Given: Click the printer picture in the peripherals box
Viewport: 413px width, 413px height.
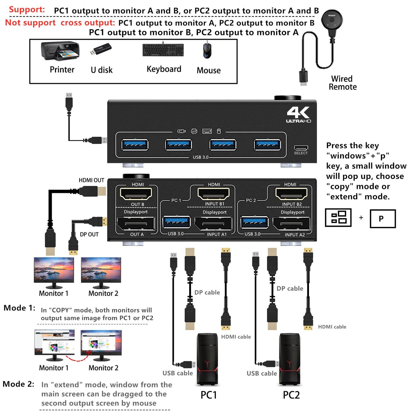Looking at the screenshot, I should [x=60, y=51].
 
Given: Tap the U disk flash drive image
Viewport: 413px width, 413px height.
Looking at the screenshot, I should [x=101, y=49].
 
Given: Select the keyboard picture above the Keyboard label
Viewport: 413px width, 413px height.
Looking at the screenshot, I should [x=163, y=50].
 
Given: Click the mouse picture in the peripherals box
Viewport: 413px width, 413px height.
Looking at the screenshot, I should [x=207, y=50].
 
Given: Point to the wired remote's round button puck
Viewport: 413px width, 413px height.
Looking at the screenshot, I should [x=332, y=21].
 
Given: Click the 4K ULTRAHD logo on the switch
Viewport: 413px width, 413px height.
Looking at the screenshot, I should [x=298, y=115].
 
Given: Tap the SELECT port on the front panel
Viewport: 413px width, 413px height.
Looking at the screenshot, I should [x=301, y=148].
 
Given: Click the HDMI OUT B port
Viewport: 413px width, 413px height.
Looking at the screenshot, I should [x=136, y=194].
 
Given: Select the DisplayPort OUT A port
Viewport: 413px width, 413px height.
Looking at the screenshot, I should [x=136, y=224].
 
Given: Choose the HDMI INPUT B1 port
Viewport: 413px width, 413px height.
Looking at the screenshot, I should [x=214, y=194].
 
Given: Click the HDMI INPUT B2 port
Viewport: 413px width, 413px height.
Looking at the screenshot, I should [x=291, y=194].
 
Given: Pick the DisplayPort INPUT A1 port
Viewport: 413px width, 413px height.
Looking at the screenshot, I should [x=213, y=224].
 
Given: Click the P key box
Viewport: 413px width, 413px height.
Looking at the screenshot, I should [x=382, y=219].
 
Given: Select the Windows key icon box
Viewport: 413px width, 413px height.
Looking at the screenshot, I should [x=338, y=218].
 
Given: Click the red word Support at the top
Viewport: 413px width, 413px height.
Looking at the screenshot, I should [x=27, y=9].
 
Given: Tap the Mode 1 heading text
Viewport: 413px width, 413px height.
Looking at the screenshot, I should [x=19, y=308].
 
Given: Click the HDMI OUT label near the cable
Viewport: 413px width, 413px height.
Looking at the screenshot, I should [x=91, y=180].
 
